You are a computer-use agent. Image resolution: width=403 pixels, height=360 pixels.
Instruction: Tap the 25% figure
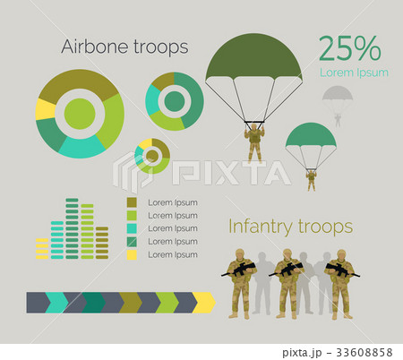349,47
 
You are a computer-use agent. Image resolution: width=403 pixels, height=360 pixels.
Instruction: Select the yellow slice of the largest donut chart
45,109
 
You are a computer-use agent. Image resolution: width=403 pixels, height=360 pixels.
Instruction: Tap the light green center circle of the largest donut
80,114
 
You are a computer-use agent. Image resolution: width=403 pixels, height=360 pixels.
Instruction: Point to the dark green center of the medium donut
174,101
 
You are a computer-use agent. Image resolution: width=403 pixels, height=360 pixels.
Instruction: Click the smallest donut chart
152,157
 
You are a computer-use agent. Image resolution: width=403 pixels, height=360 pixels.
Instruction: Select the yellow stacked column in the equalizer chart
41,248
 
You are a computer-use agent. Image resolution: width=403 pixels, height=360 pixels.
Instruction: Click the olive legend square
132,201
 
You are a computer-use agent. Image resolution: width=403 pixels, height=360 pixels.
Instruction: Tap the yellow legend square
132,254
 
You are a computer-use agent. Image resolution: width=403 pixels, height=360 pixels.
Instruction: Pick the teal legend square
132,227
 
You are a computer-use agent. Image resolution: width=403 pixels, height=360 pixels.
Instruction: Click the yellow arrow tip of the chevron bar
206,303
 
